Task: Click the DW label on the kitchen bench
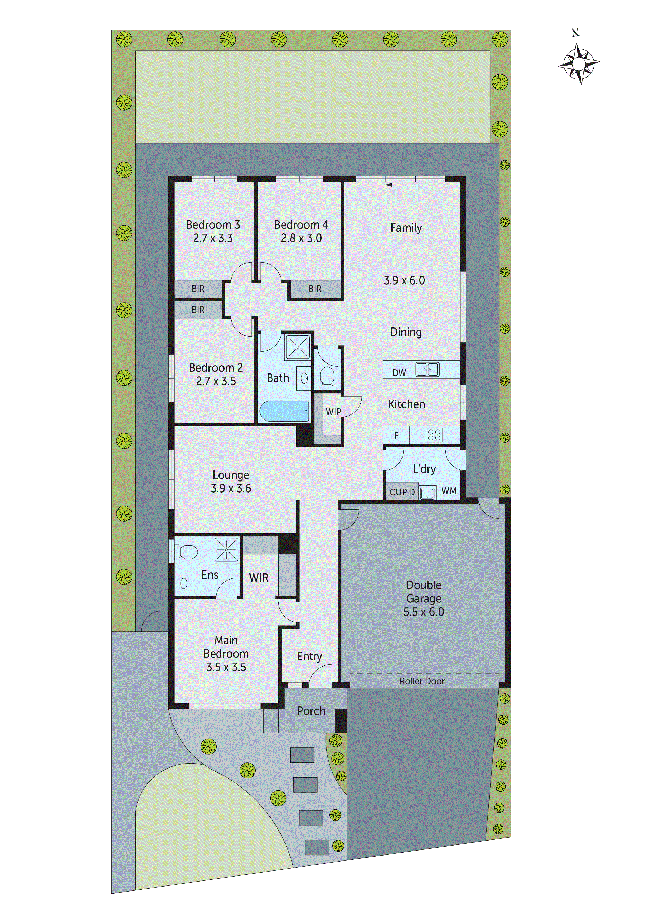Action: (x=399, y=373)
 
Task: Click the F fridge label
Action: (x=396, y=435)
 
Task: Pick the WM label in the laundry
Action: (x=449, y=491)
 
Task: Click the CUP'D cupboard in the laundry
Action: (x=402, y=492)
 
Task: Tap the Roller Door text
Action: (x=422, y=682)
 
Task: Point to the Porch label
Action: (x=311, y=711)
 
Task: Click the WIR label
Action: (x=259, y=578)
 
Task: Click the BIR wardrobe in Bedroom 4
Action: (x=314, y=289)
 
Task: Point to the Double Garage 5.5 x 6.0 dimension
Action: (x=424, y=612)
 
